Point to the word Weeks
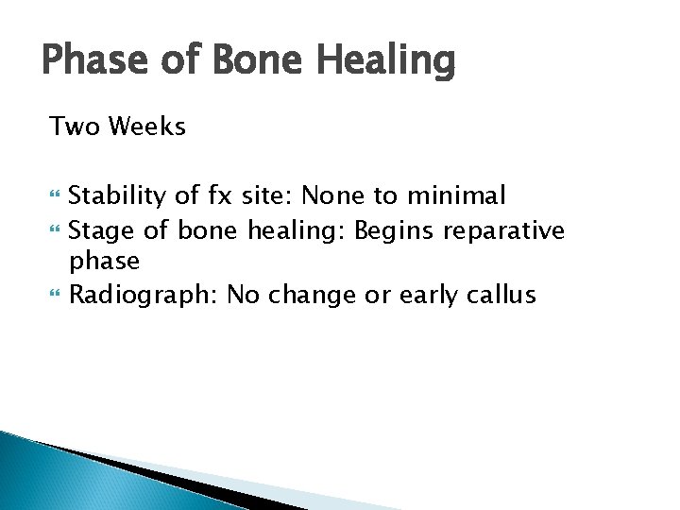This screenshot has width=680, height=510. pyautogui.click(x=147, y=126)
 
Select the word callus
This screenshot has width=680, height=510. pyautogui.click(x=501, y=295)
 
